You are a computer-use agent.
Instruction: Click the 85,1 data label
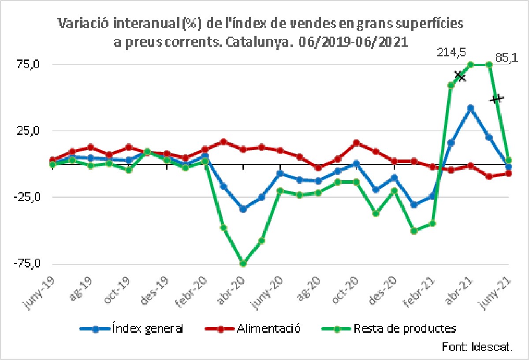(x=507, y=59)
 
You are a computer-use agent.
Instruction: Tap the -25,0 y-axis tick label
(x=28, y=197)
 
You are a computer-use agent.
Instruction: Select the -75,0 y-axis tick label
(x=28, y=264)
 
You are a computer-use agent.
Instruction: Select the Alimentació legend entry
(x=253, y=329)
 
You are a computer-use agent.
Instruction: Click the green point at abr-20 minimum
(x=242, y=264)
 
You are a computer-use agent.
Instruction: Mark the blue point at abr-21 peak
(x=470, y=108)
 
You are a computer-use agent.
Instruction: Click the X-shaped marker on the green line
(x=460, y=76)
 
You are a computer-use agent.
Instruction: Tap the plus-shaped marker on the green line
(x=497, y=99)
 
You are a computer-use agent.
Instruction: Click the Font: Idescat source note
(x=477, y=347)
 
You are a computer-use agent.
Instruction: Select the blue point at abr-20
(x=242, y=209)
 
